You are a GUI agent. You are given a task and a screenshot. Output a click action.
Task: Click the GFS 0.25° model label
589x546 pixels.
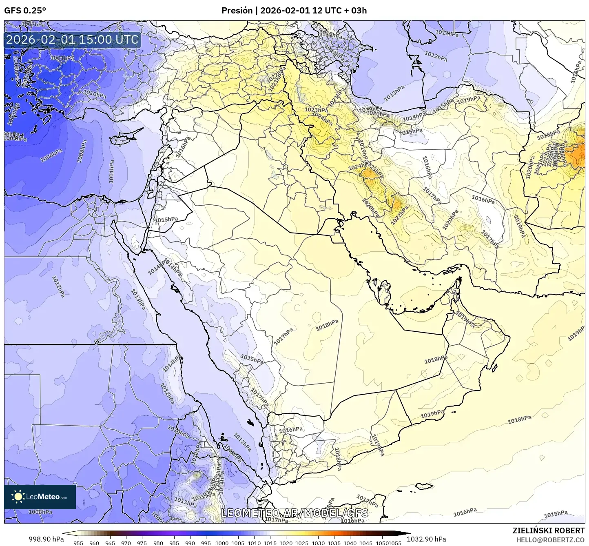pos(25,11)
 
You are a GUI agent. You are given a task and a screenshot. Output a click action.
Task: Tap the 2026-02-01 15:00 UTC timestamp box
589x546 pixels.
pos(72,40)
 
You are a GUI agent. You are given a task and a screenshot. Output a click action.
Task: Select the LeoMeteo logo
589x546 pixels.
pos(40,497)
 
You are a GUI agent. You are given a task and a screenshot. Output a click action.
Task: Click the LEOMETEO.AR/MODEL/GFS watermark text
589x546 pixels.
pos(294,513)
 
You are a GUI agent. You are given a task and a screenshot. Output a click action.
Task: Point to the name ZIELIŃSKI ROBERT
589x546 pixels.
pos(549,530)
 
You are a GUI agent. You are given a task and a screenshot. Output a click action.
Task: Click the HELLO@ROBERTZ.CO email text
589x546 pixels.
pos(550,539)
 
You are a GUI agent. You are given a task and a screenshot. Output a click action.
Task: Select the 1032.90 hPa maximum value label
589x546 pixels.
pos(429,539)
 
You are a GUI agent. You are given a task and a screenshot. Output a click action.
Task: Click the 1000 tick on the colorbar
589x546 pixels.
pos(222,543)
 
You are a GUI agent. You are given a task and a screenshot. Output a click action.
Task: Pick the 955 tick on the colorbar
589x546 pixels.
pos(78,543)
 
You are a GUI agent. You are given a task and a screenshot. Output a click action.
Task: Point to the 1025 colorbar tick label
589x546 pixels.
pos(302,543)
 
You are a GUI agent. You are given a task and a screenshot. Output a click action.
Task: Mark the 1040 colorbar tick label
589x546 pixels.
pos(350,543)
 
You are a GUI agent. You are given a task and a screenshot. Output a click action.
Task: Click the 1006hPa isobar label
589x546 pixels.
pos(51,155)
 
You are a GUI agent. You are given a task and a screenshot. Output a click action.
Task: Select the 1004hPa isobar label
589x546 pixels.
pos(15,138)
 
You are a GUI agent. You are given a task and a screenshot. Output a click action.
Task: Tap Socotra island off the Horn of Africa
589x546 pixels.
pos(424,486)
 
